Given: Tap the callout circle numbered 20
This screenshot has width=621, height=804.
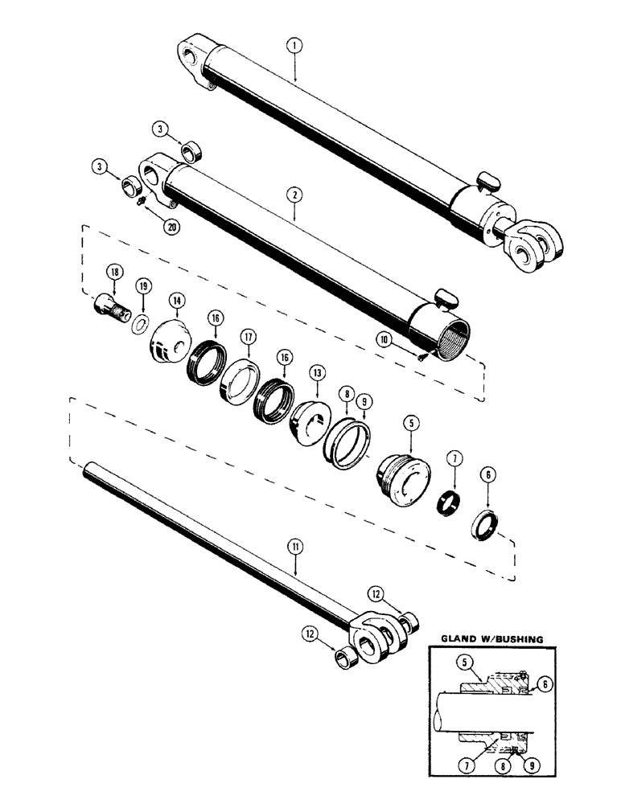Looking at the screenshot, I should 171,227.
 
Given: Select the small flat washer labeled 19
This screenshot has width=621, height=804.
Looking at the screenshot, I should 139,323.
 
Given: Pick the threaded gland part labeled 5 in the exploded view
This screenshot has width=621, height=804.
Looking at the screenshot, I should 402,482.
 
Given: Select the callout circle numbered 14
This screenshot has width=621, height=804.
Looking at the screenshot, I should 176,300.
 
